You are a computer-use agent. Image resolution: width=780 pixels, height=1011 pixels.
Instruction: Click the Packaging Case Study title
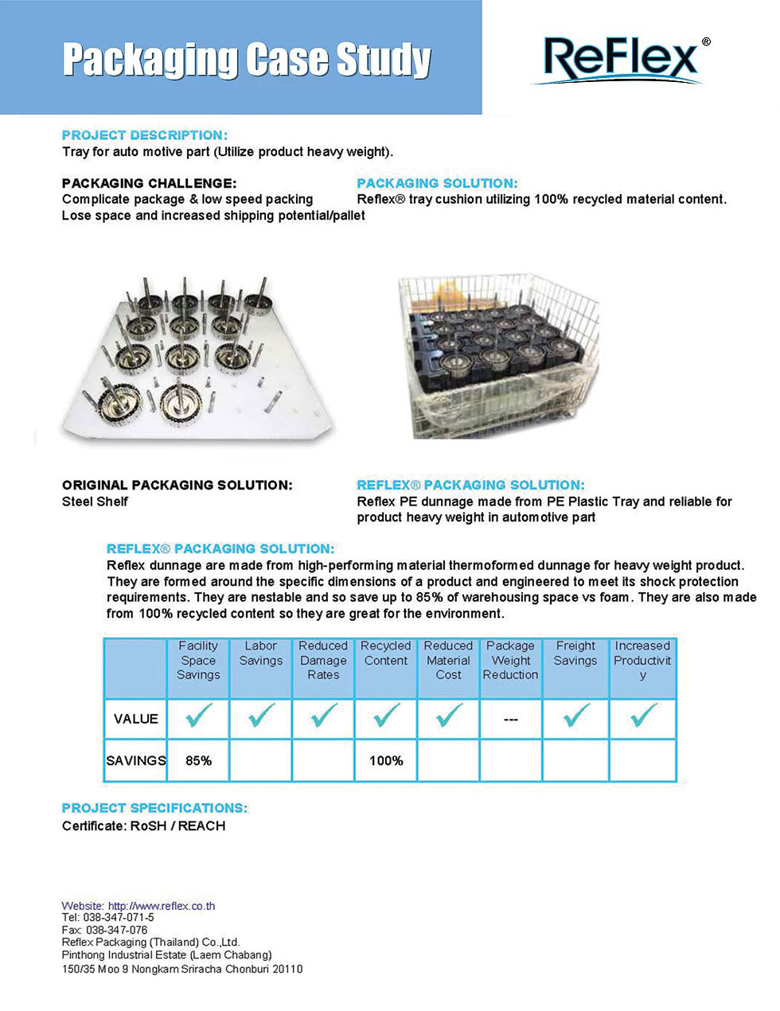[247, 60]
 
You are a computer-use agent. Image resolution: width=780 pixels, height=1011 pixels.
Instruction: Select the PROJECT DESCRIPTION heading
[144, 135]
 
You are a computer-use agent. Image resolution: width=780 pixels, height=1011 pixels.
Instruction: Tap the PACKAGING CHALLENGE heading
[149, 183]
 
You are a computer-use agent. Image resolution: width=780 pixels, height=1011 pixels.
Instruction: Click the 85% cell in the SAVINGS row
[198, 761]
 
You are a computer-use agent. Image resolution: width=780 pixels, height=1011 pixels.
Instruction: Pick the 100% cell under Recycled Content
[386, 761]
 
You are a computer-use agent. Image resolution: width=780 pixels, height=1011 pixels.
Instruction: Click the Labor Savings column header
[261, 654]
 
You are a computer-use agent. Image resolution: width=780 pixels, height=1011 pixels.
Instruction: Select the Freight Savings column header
[575, 654]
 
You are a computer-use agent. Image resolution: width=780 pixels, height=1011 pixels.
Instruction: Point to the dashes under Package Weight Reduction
[511, 719]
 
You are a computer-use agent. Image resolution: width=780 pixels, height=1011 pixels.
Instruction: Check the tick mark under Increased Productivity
[643, 716]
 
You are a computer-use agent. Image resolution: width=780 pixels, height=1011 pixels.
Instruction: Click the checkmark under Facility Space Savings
[198, 716]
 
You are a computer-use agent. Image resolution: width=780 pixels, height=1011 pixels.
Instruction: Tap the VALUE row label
[135, 719]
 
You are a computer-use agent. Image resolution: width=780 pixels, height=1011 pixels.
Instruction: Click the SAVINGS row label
[135, 761]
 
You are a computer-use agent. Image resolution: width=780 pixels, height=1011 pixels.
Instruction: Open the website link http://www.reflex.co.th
[162, 906]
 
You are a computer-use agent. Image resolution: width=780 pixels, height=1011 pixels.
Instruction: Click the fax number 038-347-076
[116, 930]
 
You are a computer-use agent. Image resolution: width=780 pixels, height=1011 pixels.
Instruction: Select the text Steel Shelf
[95, 502]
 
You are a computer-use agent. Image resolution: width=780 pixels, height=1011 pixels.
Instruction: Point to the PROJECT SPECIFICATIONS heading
[154, 808]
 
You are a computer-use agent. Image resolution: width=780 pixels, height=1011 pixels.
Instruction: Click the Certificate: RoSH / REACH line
[143, 826]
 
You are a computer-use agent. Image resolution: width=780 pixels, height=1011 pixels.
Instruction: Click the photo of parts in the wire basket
[497, 356]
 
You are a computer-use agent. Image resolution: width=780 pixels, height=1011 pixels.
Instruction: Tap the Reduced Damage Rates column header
[323, 661]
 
